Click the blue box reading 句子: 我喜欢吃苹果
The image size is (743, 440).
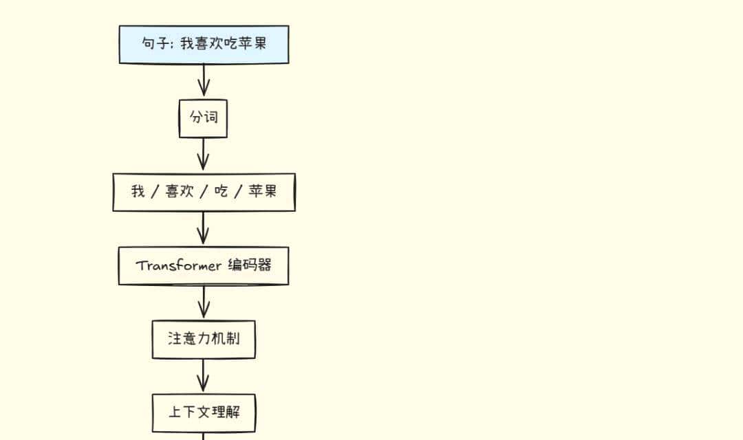(204, 45)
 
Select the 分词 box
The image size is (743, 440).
(203, 118)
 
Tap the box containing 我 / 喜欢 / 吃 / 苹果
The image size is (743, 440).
(204, 192)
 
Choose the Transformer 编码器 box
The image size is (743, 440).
(204, 265)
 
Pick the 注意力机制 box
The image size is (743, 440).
(204, 339)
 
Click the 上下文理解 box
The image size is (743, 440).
(204, 412)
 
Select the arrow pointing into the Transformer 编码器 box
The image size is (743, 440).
(203, 228)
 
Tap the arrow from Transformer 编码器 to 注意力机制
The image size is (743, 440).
(203, 302)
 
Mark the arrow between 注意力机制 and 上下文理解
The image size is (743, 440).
(203, 375)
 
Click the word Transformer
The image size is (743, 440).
(178, 266)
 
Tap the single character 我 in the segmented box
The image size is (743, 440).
(138, 192)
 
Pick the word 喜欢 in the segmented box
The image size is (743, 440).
(179, 192)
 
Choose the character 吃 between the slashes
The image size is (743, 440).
(221, 192)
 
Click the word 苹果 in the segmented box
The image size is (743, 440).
(262, 192)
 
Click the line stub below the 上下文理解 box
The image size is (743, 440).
(203, 436)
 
